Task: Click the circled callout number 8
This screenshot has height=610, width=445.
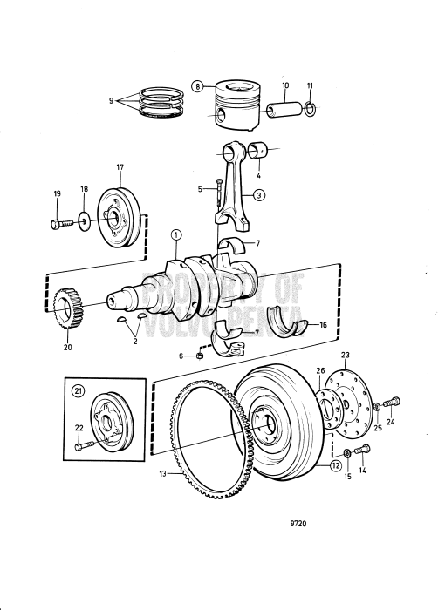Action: [x=198, y=86]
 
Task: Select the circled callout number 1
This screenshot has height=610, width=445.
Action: [x=175, y=234]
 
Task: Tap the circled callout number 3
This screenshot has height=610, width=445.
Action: [x=259, y=195]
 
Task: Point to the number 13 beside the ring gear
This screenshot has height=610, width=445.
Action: [x=162, y=474]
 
